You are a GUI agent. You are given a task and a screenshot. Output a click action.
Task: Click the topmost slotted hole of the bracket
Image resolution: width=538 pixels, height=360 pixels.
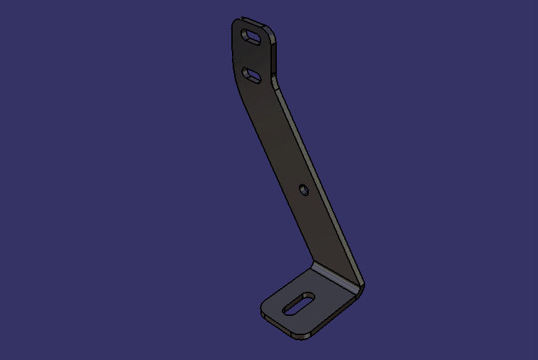252,36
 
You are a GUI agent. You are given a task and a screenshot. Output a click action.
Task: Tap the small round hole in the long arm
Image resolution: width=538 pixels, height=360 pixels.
303,190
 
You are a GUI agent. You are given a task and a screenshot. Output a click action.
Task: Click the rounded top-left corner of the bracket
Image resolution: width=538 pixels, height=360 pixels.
237,23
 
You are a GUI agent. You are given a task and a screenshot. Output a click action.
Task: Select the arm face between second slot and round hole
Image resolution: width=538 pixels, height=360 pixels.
278,132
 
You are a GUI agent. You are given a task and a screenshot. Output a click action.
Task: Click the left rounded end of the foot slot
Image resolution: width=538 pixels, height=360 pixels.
288,309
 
